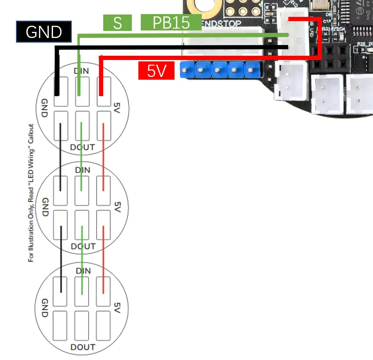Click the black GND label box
point(44,32)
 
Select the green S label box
point(117,22)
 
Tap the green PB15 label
point(171,22)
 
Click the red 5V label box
point(157,71)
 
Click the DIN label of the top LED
point(82,71)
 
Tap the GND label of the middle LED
point(46,207)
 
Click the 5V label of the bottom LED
point(117,307)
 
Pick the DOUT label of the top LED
point(82,147)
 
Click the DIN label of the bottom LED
point(83,270)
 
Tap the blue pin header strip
point(219,70)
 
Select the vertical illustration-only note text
point(31,192)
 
